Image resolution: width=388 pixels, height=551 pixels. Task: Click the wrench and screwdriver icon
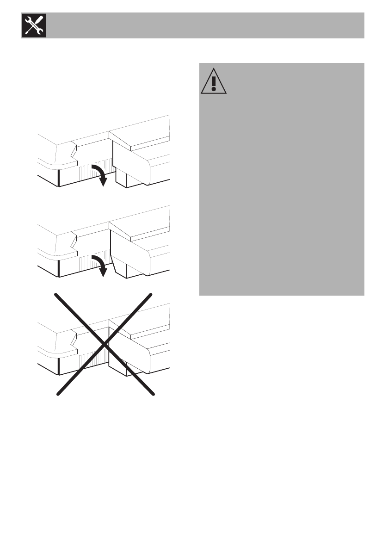(x=33, y=25)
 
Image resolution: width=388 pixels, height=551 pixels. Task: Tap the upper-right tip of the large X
(x=152, y=294)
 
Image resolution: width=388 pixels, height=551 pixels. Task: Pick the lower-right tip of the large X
(x=152, y=395)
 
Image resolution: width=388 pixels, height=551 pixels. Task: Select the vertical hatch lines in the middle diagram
(x=88, y=262)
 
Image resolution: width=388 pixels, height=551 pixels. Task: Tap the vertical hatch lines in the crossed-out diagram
(x=88, y=357)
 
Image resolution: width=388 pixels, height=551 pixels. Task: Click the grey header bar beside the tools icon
(x=203, y=25)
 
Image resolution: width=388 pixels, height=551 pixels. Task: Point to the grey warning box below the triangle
(x=282, y=194)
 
